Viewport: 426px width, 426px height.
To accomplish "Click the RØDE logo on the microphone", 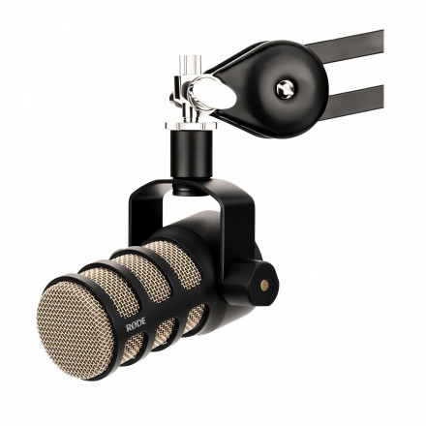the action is pos(136,324).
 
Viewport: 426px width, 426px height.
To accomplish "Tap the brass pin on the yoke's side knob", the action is pos(264,285).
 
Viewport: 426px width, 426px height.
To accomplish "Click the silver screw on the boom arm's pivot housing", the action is pos(286,89).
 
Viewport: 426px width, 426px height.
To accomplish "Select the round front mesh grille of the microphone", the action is pos(76,330).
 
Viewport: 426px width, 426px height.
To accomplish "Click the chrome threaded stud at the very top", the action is pos(191,65).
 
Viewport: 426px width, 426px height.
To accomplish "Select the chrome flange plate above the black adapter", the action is pos(191,125).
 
